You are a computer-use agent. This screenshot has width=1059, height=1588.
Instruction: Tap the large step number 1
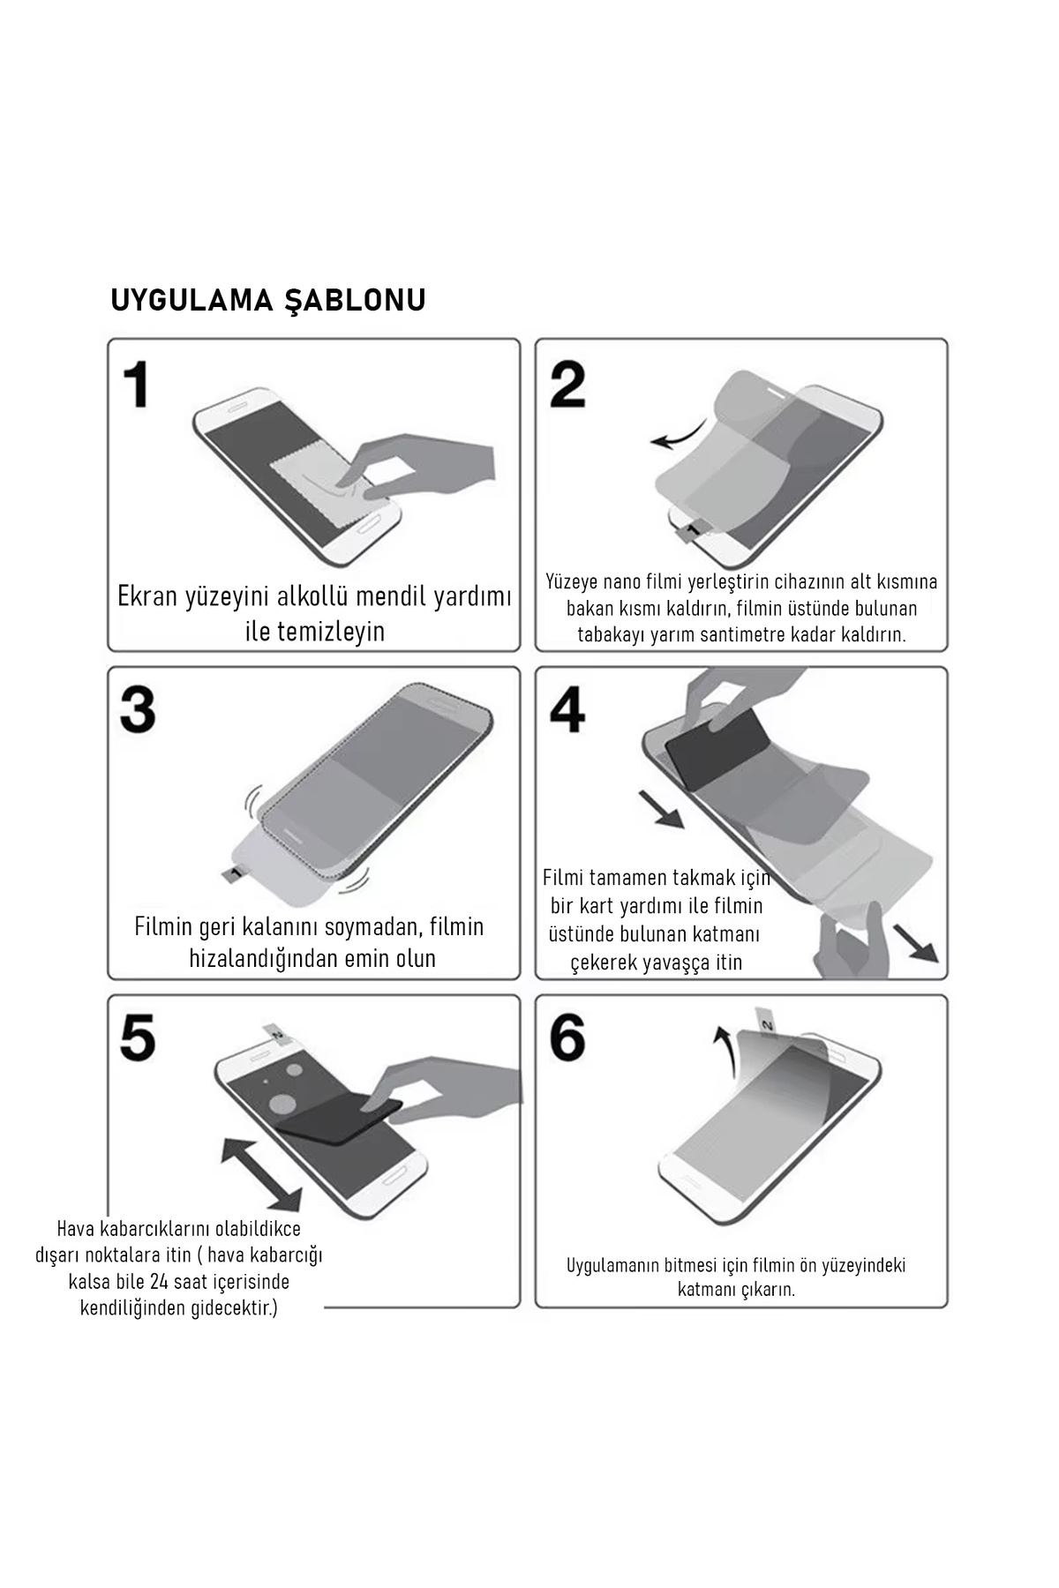(x=136, y=386)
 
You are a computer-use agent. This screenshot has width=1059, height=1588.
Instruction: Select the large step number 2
(x=567, y=385)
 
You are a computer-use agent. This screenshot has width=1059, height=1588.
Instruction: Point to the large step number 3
(x=138, y=711)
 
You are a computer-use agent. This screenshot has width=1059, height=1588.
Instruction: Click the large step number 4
(x=567, y=711)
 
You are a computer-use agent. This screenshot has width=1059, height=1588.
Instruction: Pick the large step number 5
(x=138, y=1037)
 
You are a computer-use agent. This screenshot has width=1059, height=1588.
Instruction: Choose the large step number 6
(x=567, y=1037)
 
